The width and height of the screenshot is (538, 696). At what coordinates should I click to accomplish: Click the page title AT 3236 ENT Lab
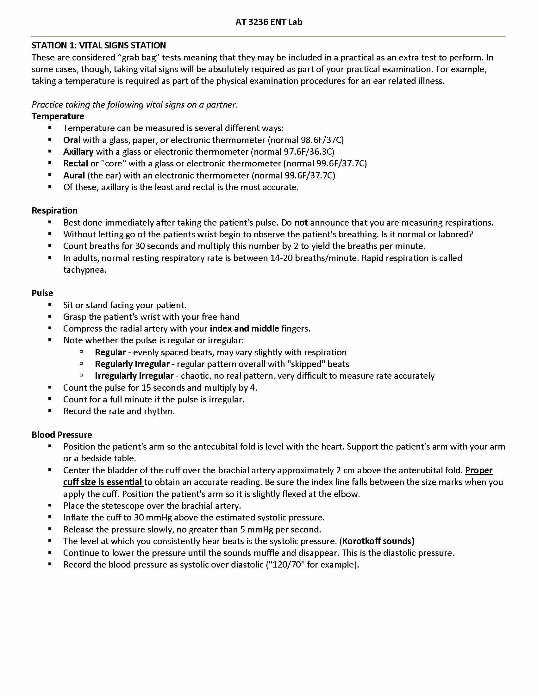click(x=269, y=22)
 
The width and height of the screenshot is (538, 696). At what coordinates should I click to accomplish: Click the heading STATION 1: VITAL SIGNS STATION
click(x=98, y=46)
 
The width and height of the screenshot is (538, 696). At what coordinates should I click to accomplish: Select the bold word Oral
click(x=72, y=140)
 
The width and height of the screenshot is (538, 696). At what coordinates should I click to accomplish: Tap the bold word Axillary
click(x=78, y=152)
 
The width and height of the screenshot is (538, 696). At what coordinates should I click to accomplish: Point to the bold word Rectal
click(x=76, y=164)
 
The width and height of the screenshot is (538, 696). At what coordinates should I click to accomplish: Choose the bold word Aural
click(x=74, y=175)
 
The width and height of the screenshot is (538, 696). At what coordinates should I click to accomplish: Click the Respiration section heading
click(x=54, y=211)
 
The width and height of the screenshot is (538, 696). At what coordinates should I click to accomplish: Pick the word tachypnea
click(x=84, y=270)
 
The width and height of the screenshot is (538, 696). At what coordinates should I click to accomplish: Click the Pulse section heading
click(x=42, y=293)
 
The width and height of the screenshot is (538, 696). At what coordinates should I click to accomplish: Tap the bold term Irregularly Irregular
click(x=134, y=376)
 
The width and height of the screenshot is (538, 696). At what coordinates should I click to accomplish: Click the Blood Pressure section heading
click(x=61, y=435)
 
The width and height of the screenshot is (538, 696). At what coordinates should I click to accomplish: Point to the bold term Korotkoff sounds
click(x=378, y=541)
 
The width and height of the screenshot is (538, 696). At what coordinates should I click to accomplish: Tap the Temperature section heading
click(x=58, y=116)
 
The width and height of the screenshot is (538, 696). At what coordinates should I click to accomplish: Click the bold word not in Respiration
click(x=301, y=222)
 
